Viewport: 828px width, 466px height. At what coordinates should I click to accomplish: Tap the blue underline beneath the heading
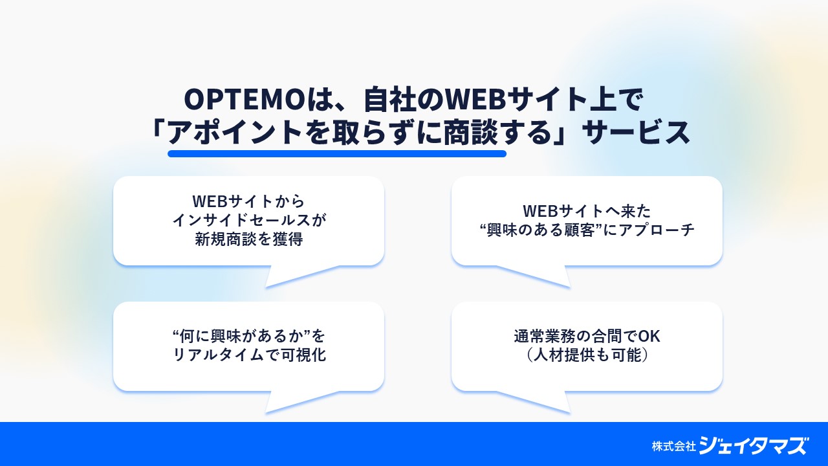tap(337, 153)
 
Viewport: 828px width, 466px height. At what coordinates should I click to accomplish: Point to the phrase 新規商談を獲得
tap(249, 239)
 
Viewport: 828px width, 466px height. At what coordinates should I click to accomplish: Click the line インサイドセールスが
tap(250, 220)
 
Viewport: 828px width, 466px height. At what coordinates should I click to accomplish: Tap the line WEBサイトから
tap(248, 201)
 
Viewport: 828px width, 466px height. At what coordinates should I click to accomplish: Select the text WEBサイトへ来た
tap(587, 211)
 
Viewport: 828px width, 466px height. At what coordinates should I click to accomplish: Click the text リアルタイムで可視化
tap(250, 355)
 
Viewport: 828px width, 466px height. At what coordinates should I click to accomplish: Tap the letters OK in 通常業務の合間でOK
tap(649, 336)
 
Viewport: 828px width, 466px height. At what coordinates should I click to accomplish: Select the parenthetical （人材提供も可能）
tap(587, 355)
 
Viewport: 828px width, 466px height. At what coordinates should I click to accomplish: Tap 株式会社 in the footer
tap(674, 447)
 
